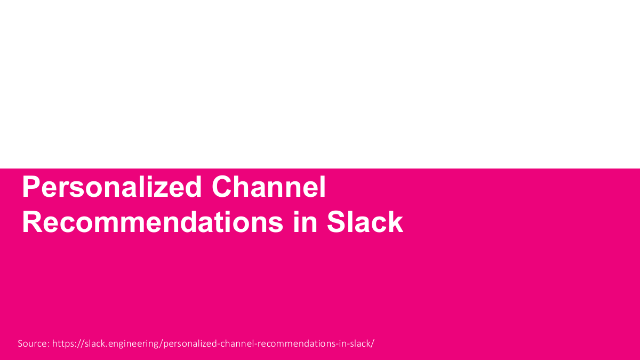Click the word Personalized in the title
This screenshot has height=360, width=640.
(x=111, y=188)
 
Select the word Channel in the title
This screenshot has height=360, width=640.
(x=268, y=188)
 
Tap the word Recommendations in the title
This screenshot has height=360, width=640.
(x=152, y=222)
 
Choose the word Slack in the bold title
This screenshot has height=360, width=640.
(x=365, y=222)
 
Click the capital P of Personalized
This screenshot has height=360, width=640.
(x=30, y=188)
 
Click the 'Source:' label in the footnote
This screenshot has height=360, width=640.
(x=34, y=343)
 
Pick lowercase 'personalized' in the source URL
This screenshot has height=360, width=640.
(x=189, y=343)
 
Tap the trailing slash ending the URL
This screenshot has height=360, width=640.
(x=373, y=343)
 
